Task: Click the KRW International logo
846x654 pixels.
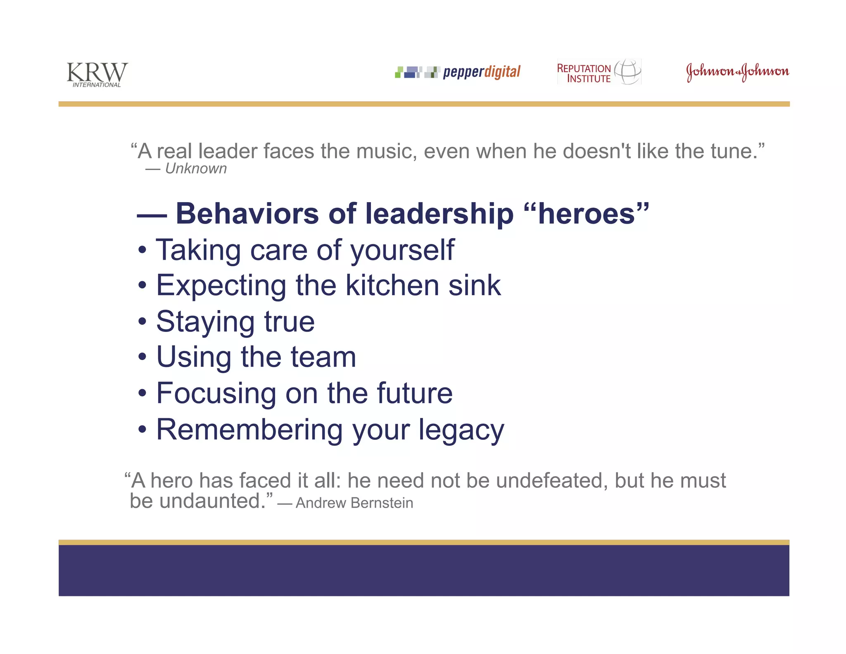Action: [97, 74]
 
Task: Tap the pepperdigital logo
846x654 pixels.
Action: [457, 72]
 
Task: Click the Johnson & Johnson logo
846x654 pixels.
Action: [737, 72]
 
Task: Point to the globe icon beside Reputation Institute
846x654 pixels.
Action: [628, 71]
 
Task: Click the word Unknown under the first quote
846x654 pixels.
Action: [196, 169]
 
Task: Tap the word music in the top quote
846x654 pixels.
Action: [386, 151]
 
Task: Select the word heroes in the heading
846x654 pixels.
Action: [586, 214]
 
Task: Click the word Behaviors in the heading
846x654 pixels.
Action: [247, 214]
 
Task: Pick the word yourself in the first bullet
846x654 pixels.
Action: [402, 251]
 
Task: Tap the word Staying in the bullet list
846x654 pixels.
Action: [205, 322]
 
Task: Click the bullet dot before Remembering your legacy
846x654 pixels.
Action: [142, 430]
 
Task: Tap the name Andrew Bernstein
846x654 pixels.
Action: [354, 503]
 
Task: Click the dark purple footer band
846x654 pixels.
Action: [424, 570]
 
